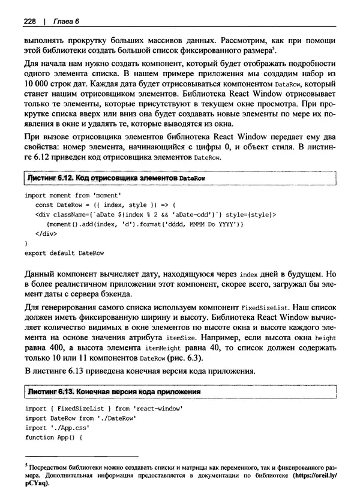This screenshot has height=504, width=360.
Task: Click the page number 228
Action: click(x=30, y=22)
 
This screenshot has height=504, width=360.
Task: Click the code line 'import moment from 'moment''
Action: click(x=74, y=196)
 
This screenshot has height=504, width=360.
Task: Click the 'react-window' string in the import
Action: click(x=160, y=409)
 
